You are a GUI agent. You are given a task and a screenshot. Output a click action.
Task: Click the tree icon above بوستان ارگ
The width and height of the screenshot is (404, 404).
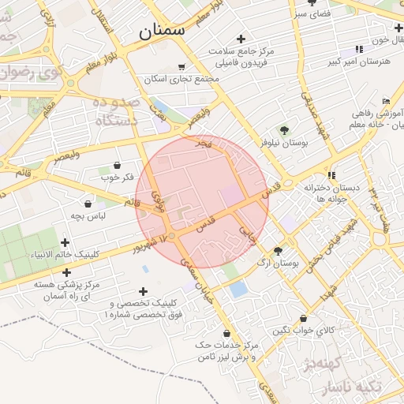click(x=277, y=249)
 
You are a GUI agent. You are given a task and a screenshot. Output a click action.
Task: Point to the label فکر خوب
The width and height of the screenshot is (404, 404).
click(x=118, y=177)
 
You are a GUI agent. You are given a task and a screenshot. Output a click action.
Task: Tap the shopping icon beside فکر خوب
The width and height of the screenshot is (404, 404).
click(x=118, y=165)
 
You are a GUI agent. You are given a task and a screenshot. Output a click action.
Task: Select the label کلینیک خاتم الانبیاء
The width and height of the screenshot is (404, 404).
click(x=65, y=255)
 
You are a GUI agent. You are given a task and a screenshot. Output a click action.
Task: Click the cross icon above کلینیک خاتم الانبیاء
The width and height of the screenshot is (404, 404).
click(x=65, y=242)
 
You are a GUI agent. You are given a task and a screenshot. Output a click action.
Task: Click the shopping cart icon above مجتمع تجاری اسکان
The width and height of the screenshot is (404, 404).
click(x=181, y=67)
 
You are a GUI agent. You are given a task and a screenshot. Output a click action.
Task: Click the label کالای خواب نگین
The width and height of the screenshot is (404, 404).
click(x=304, y=330)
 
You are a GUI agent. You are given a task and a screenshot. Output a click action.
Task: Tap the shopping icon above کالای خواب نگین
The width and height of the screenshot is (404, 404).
click(x=303, y=318)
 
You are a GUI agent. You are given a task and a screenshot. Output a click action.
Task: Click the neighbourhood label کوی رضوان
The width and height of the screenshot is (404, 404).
click(x=28, y=73)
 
